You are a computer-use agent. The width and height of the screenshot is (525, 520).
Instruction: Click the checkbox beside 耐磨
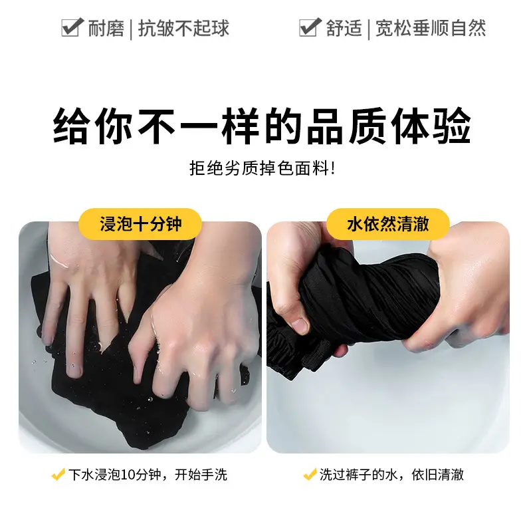coord(72,27)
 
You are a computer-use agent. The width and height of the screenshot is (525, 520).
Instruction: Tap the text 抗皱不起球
coord(184,28)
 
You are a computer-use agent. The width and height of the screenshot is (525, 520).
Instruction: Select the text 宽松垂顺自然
coord(431,28)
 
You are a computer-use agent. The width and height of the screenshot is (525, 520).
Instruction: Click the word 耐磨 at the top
coord(106,28)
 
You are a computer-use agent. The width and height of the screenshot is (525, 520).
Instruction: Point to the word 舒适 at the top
coord(344,28)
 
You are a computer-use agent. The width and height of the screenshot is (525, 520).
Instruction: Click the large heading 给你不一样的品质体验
coord(262,126)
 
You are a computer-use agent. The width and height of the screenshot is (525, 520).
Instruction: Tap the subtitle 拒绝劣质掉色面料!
coord(262,168)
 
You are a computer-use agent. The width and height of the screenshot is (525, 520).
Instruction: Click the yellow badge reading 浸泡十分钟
coord(140,224)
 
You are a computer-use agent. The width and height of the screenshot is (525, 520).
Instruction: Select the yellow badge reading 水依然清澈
coord(388,224)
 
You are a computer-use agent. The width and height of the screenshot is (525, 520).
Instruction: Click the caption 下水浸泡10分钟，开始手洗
coord(148,474)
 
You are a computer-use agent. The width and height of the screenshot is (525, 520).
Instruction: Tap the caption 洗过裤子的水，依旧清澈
coord(391,474)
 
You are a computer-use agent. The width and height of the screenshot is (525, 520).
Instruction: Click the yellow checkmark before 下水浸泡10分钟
coord(58,474)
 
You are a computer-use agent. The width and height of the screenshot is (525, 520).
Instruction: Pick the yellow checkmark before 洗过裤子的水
coord(310,474)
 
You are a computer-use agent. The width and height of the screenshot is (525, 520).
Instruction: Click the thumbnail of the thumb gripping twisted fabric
coord(299,325)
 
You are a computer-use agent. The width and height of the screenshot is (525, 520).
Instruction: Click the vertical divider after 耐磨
coord(130,29)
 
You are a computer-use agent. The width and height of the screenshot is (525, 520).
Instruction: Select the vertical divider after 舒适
coord(369,29)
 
